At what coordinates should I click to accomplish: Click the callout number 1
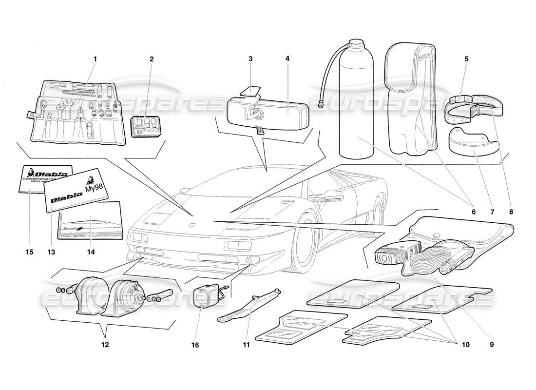pyautogui.click(x=96, y=59)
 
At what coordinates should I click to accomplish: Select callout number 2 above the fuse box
pyautogui.click(x=152, y=59)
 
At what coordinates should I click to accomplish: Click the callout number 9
pyautogui.click(x=492, y=345)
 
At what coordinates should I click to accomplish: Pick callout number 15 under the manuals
pyautogui.click(x=30, y=252)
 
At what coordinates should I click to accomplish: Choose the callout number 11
pyautogui.click(x=246, y=345)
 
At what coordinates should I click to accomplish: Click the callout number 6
pyautogui.click(x=472, y=212)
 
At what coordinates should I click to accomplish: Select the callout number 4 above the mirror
pyautogui.click(x=287, y=59)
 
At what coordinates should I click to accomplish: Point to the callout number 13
pyautogui.click(x=51, y=252)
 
